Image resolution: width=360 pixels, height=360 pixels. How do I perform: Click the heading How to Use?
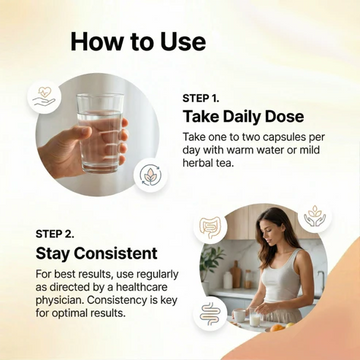(138, 42)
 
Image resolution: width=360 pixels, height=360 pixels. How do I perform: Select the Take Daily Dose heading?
(243, 117)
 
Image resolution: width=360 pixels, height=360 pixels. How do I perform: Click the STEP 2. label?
(55, 234)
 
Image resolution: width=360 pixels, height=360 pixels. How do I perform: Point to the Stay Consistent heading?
(96, 253)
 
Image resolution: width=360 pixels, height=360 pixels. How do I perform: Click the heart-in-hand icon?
(44, 97)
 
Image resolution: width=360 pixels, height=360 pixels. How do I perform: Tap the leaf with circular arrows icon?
(150, 175)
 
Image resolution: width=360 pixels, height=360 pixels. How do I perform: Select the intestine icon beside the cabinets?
(211, 227)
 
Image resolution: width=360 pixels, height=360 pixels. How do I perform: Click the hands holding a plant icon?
(314, 216)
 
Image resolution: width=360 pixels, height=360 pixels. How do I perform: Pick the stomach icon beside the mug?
(210, 313)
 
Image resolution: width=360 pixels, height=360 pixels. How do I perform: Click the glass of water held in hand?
(99, 133)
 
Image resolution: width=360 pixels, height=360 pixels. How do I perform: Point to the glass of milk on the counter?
(256, 319)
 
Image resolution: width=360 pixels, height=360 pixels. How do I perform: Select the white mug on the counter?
(240, 315)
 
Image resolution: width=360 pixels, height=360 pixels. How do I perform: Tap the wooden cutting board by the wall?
(236, 274)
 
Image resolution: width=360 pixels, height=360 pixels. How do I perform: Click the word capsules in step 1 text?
(279, 137)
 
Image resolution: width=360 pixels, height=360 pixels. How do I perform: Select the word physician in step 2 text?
(58, 300)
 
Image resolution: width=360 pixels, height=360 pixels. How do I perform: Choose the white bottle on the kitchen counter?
(228, 279)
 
